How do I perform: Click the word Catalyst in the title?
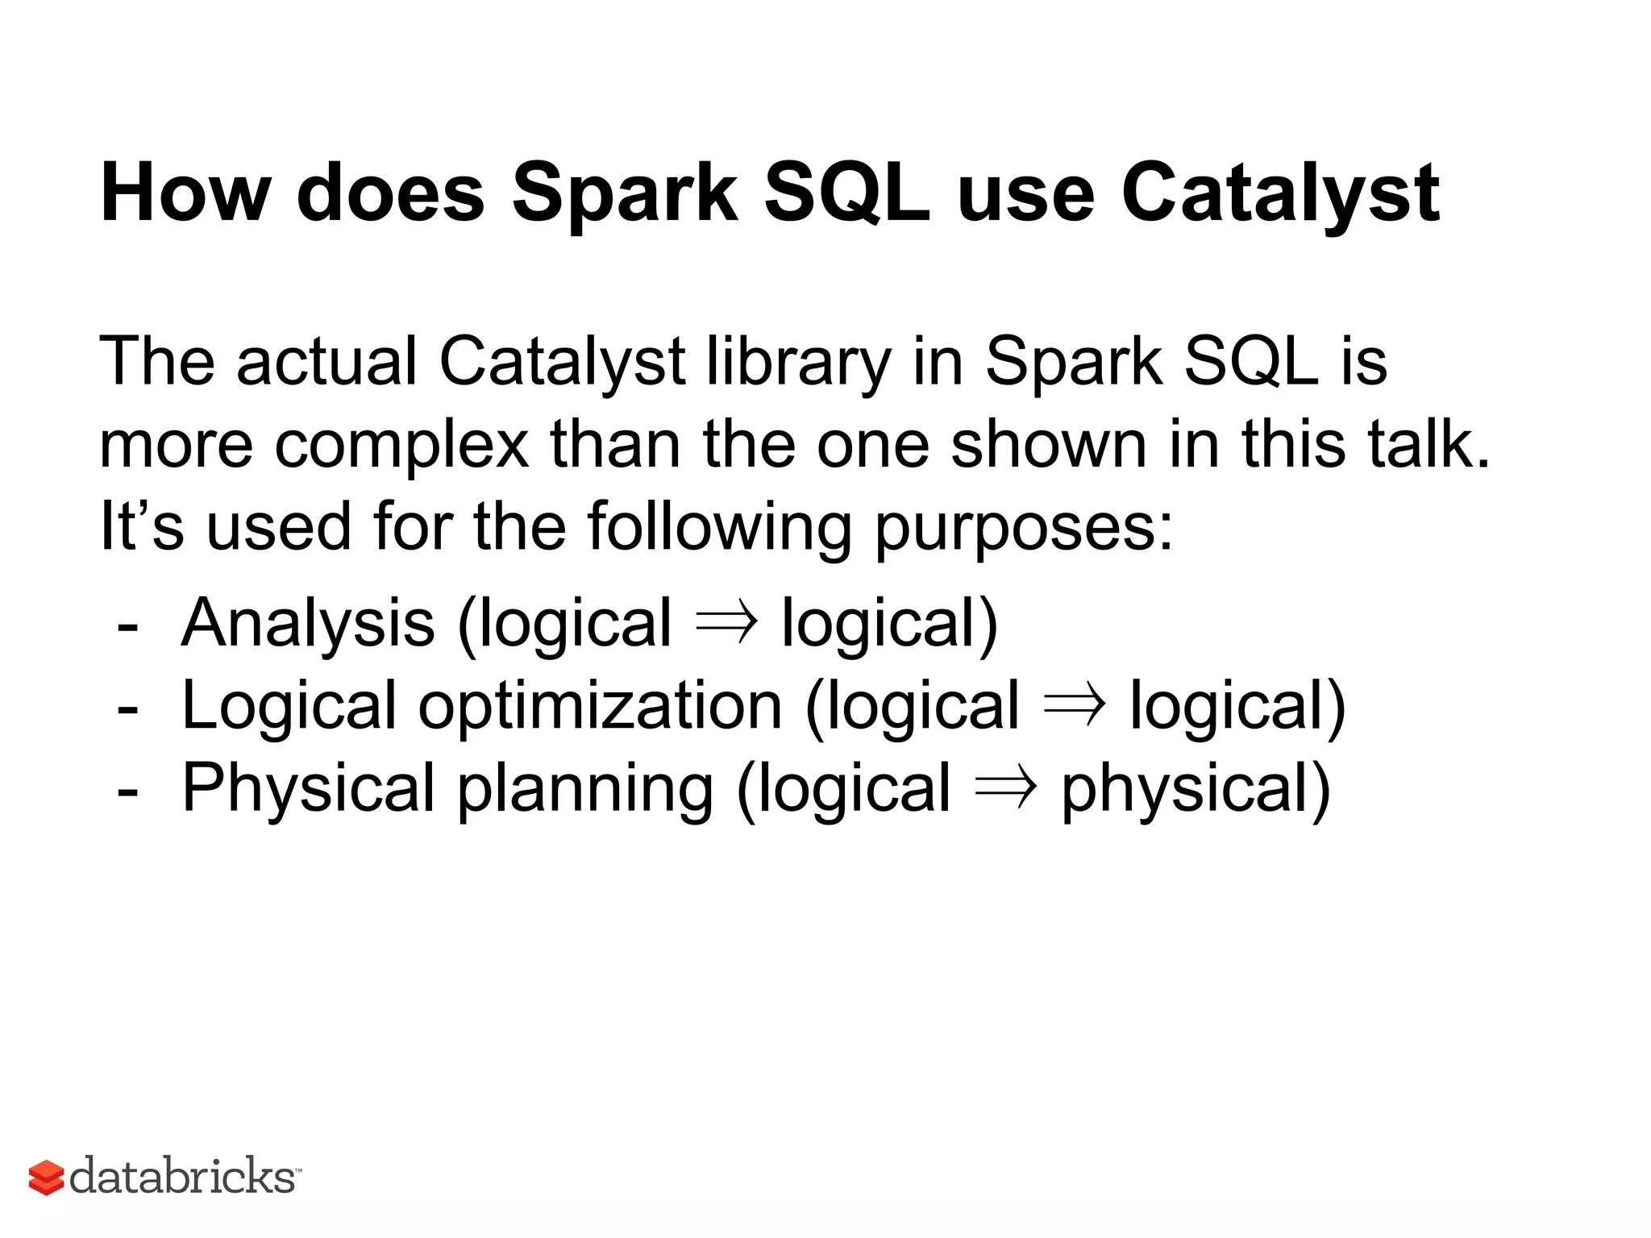(1279, 193)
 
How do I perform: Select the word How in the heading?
(185, 193)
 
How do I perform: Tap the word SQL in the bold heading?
(846, 193)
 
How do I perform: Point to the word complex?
(401, 446)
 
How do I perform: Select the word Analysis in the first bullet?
(308, 624)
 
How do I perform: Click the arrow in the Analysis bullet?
(726, 622)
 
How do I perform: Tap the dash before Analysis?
(127, 627)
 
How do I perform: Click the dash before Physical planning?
(127, 792)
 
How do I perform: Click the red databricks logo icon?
(46, 1178)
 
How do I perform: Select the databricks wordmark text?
(183, 1176)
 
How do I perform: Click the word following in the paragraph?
(719, 528)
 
